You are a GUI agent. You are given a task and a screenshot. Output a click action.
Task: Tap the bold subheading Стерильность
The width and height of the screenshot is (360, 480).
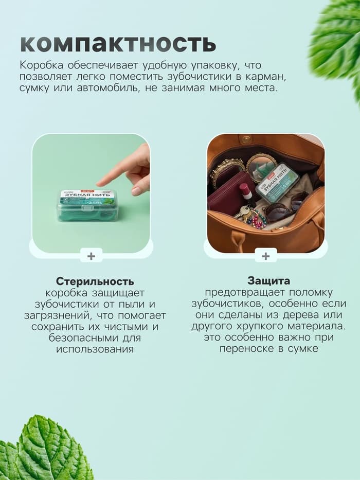tap(95, 281)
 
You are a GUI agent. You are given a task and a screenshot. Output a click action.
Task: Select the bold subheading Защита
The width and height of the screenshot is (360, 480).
tap(268, 281)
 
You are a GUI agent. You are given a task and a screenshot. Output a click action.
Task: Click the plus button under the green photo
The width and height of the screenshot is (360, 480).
tap(91, 256)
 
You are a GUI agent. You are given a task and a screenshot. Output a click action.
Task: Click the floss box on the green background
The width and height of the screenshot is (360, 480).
tap(87, 205)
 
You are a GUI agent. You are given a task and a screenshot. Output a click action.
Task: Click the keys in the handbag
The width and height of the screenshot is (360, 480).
tap(243, 212)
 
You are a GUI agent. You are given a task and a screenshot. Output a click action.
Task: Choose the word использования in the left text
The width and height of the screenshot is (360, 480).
tap(95, 349)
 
